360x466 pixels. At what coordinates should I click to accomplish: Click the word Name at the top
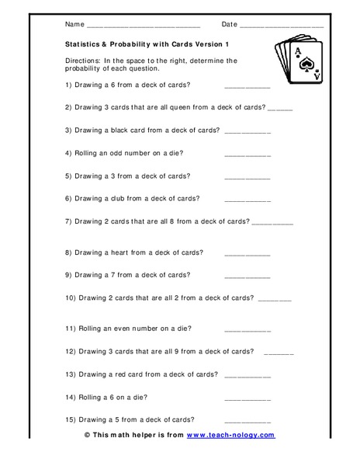75,24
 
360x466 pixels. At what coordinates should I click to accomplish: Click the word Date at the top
230,24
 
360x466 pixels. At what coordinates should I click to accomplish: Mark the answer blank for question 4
247,155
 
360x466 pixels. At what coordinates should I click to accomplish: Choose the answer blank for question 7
273,223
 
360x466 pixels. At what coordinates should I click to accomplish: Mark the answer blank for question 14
247,398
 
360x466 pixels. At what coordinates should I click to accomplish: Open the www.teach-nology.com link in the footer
230,435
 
